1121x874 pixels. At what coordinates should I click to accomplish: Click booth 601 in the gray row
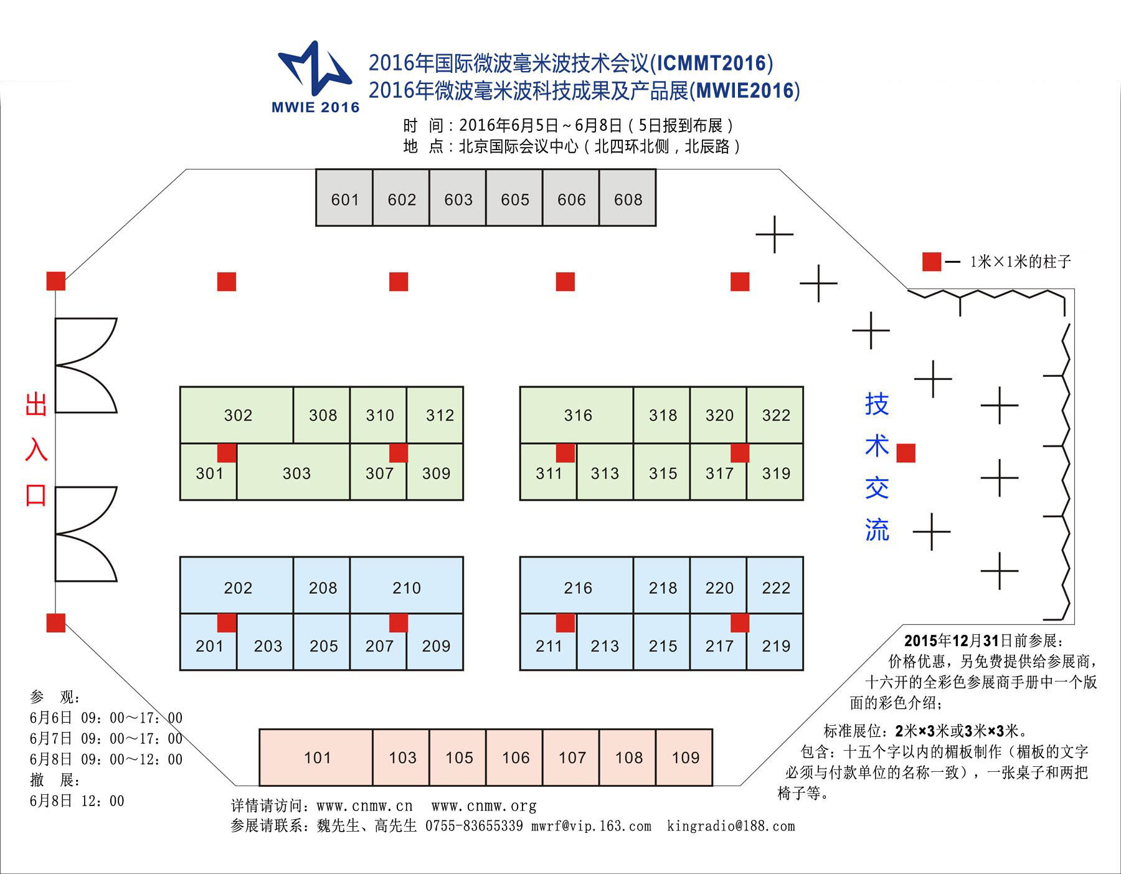344,197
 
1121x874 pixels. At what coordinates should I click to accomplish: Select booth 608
628,197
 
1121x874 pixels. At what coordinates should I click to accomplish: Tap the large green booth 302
237,415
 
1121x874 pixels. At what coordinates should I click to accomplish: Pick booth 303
293,472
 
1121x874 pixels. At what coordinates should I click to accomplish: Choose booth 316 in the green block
577,415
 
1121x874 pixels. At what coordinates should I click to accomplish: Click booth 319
775,472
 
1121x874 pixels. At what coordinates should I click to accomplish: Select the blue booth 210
407,585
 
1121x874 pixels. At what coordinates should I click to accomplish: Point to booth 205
322,642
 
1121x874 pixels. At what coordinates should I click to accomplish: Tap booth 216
577,585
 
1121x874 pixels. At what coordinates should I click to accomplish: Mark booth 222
775,585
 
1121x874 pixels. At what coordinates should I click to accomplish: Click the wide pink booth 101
316,757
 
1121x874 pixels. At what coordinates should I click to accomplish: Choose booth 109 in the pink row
684,757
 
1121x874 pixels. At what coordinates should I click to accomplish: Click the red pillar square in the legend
932,262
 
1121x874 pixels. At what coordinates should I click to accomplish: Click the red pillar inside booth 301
227,453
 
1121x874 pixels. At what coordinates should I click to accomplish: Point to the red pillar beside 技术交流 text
906,453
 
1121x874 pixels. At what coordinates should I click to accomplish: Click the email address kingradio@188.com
731,826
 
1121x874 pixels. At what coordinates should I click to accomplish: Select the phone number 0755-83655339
474,826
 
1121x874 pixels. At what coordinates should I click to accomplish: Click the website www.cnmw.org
484,806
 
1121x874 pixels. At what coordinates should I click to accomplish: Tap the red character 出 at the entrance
36,404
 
